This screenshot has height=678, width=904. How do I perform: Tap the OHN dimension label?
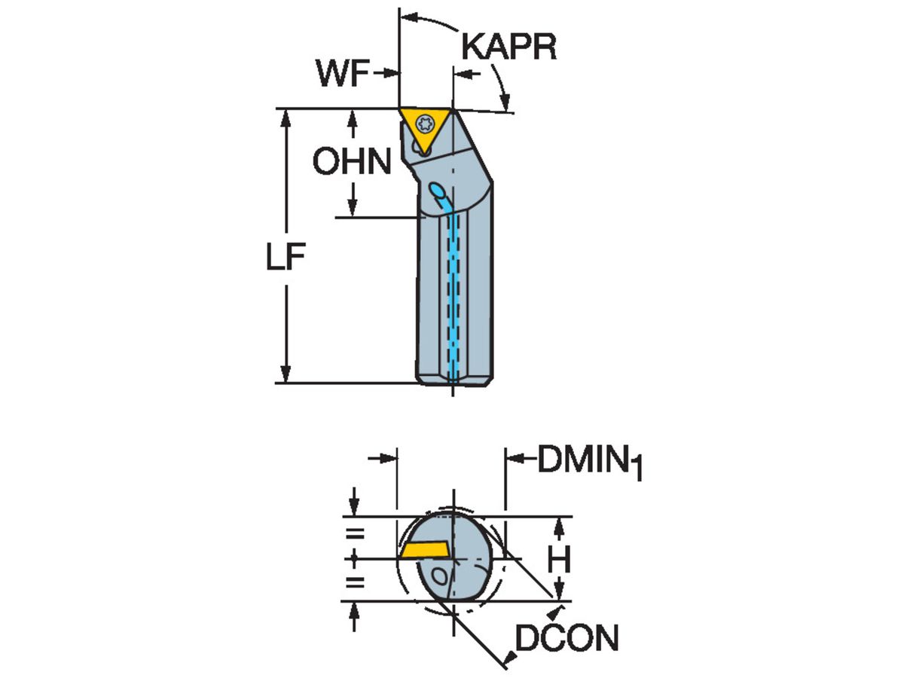tap(353, 162)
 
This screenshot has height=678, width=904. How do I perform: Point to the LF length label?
tap(286, 258)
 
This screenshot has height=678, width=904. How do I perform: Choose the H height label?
tap(558, 559)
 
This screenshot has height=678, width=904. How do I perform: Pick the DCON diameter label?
tap(566, 640)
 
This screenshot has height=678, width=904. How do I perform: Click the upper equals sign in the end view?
tap(354, 535)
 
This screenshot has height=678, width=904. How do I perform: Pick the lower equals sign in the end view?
tap(354, 582)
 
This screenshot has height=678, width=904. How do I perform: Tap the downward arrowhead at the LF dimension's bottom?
tap(286, 375)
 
